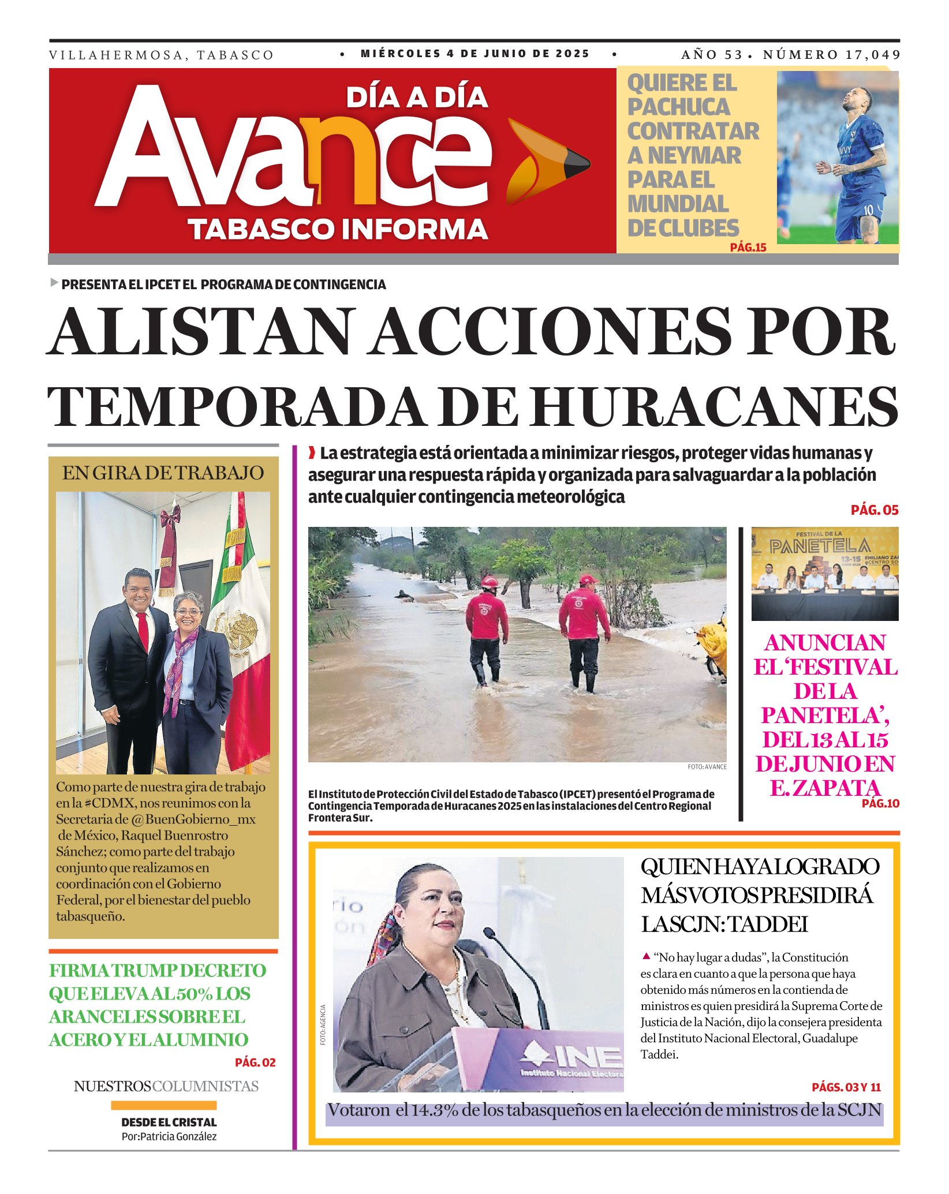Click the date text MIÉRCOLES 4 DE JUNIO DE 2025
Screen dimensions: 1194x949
pos(475,54)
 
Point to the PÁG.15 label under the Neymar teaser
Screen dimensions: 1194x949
pos(748,248)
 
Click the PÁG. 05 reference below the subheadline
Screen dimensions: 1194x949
pos(875,510)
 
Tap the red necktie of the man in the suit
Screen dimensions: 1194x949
pos(142,631)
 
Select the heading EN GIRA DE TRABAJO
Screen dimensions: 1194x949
pos(163,473)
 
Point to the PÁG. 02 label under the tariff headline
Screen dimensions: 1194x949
pos(255,1062)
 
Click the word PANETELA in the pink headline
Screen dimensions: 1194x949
pos(825,716)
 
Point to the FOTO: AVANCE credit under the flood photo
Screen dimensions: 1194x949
pos(707,767)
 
